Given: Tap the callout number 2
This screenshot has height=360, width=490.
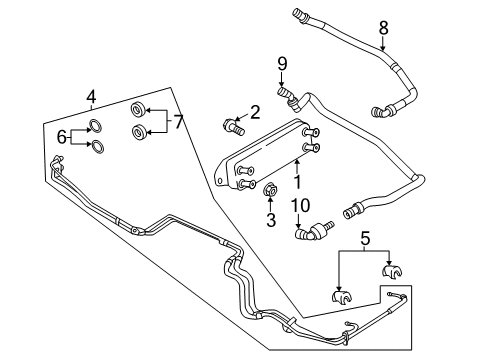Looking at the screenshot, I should point(255,112).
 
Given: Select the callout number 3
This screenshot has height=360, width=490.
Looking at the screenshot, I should point(269,219).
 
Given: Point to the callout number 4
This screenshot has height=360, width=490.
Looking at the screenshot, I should point(90,96).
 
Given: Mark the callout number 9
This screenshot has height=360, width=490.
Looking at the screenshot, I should point(282,66).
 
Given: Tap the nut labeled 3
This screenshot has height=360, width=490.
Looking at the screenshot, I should point(269,189).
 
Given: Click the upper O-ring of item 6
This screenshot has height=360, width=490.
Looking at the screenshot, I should point(95,126).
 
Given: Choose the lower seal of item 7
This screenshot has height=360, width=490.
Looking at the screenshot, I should point(138,133).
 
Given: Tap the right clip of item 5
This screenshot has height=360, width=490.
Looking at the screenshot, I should point(392,272).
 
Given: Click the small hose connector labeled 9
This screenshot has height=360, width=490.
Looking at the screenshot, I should point(289,96).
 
